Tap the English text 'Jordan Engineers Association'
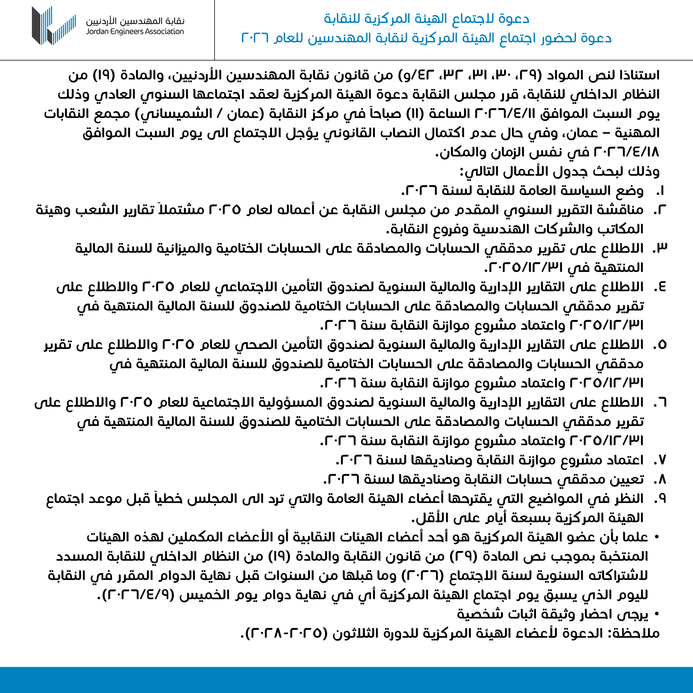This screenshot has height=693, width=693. pos(135,32)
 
